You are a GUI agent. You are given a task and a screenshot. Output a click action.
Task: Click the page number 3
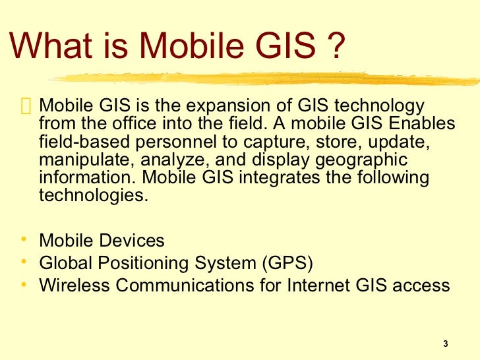point(446,344)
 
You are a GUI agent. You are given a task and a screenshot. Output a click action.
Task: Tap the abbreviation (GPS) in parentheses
point(287,263)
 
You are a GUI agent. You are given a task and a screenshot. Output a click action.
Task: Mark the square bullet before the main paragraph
point(26,106)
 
